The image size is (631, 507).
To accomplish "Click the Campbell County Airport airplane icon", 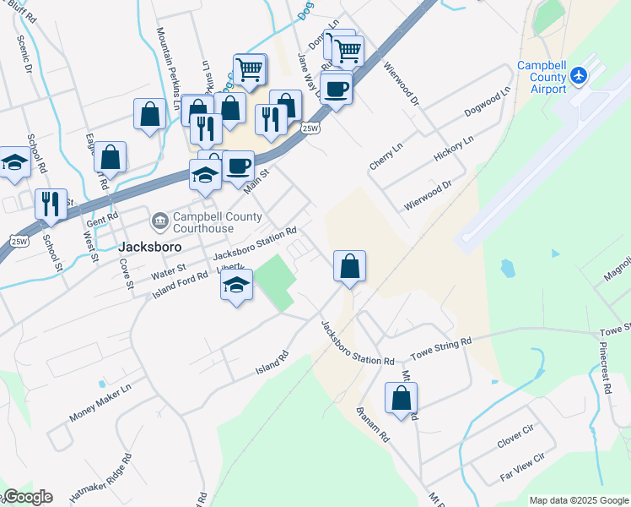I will (579, 75).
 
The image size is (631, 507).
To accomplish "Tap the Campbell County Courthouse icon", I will (159, 222).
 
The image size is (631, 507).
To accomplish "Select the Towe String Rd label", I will (440, 346).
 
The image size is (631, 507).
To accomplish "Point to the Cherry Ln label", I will (386, 155).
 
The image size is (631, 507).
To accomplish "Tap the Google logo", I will (29, 497).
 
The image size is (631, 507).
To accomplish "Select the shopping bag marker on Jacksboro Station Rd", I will (349, 267).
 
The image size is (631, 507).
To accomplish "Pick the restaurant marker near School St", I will (51, 204).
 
